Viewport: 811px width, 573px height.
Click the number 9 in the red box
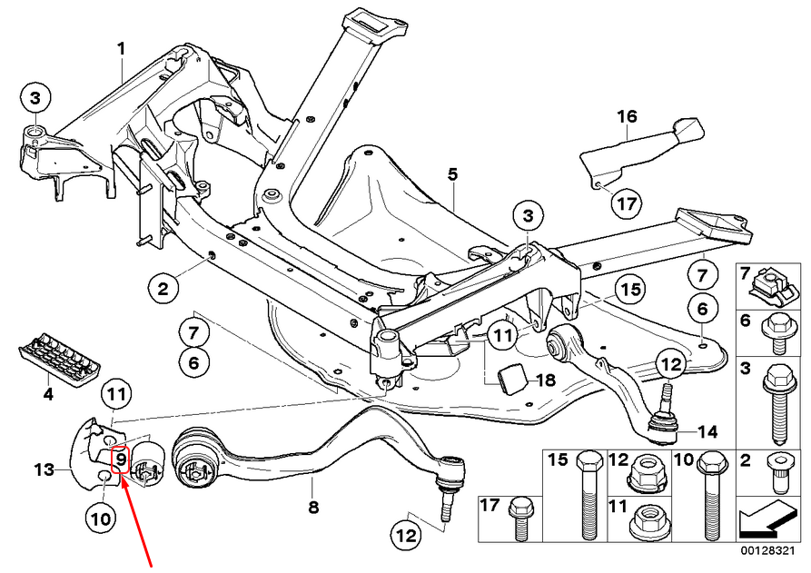point(120,459)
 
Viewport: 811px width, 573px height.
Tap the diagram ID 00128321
point(766,551)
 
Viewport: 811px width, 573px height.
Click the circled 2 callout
point(163,289)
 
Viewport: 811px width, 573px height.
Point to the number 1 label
point(121,50)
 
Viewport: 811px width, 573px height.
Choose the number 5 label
point(452,174)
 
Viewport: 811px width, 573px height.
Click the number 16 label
point(627,116)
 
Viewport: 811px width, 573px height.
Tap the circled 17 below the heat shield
point(627,203)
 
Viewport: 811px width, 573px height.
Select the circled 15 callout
point(630,290)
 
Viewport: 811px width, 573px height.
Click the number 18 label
point(546,380)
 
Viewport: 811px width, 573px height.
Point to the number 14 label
point(707,430)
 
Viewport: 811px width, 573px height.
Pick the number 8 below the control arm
point(313,507)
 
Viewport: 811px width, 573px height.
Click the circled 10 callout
point(102,519)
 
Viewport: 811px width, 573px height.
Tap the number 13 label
point(45,469)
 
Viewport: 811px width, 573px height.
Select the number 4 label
point(48,395)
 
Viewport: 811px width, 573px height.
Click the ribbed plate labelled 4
point(60,358)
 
